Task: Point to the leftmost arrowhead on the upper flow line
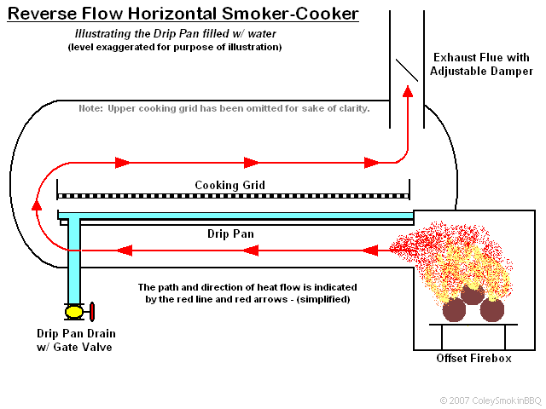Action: pyautogui.click(x=122, y=162)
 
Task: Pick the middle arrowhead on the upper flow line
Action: pyautogui.click(x=251, y=162)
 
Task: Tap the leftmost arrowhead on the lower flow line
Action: pyautogui.click(x=125, y=251)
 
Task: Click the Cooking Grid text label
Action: pyautogui.click(x=229, y=185)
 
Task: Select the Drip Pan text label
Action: pyautogui.click(x=230, y=233)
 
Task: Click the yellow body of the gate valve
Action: pyautogui.click(x=74, y=312)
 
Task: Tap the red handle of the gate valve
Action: pyautogui.click(x=92, y=312)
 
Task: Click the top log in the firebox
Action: pyautogui.click(x=471, y=293)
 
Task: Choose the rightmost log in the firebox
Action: pyautogui.click(x=492, y=309)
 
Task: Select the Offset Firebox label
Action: pyautogui.click(x=473, y=359)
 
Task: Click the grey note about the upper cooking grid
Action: pyautogui.click(x=224, y=109)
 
